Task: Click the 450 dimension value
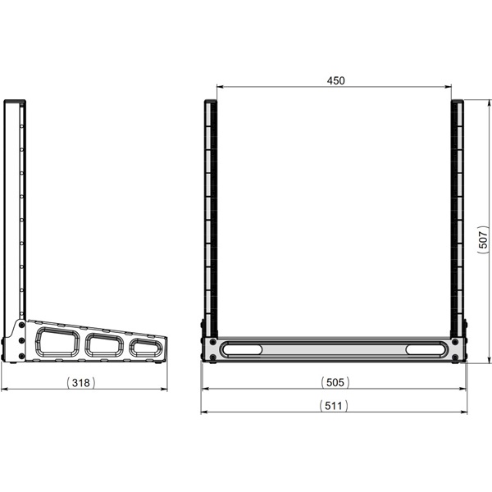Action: (335, 80)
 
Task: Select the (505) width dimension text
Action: (335, 382)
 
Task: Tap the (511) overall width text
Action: (335, 405)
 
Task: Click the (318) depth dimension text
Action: (83, 382)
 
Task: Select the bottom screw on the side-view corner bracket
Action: (20, 355)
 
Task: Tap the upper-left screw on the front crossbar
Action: (213, 342)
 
